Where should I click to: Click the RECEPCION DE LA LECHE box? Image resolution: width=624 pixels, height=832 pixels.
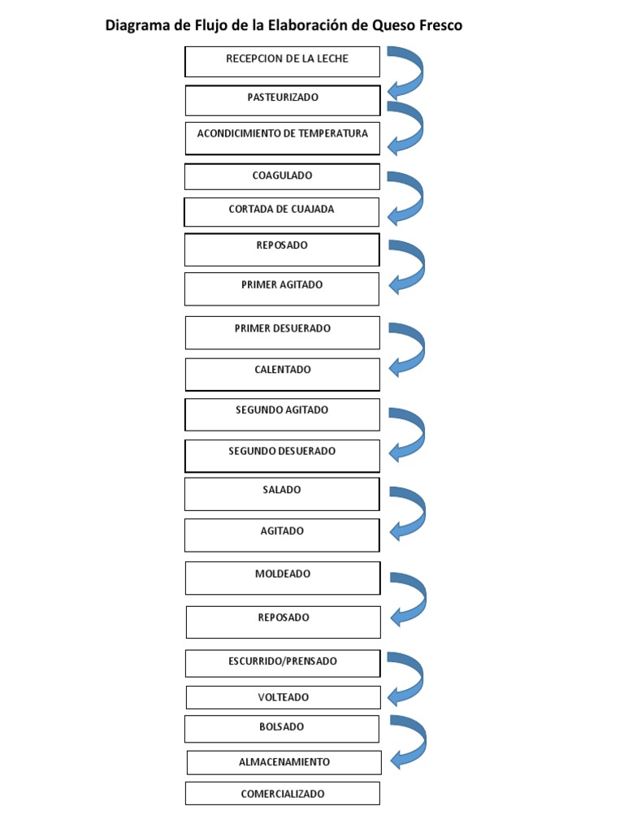(282, 62)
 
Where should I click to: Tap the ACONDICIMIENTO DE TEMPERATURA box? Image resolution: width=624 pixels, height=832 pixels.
(282, 138)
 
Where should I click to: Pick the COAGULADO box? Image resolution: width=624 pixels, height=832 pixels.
(282, 176)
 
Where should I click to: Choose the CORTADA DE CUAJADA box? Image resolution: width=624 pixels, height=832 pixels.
(282, 212)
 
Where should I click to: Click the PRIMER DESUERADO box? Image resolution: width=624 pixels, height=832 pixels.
(282, 332)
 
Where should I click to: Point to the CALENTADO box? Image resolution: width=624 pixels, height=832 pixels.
(282, 374)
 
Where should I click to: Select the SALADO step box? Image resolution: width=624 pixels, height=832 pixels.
(282, 494)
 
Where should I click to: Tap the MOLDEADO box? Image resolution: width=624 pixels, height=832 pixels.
(282, 578)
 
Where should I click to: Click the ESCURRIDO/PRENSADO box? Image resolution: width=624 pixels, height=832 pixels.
(282, 663)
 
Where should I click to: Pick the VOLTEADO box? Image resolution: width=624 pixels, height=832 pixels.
(283, 697)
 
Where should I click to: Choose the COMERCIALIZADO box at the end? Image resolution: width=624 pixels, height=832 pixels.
(282, 794)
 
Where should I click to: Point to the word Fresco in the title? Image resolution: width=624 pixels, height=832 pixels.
(441, 25)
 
